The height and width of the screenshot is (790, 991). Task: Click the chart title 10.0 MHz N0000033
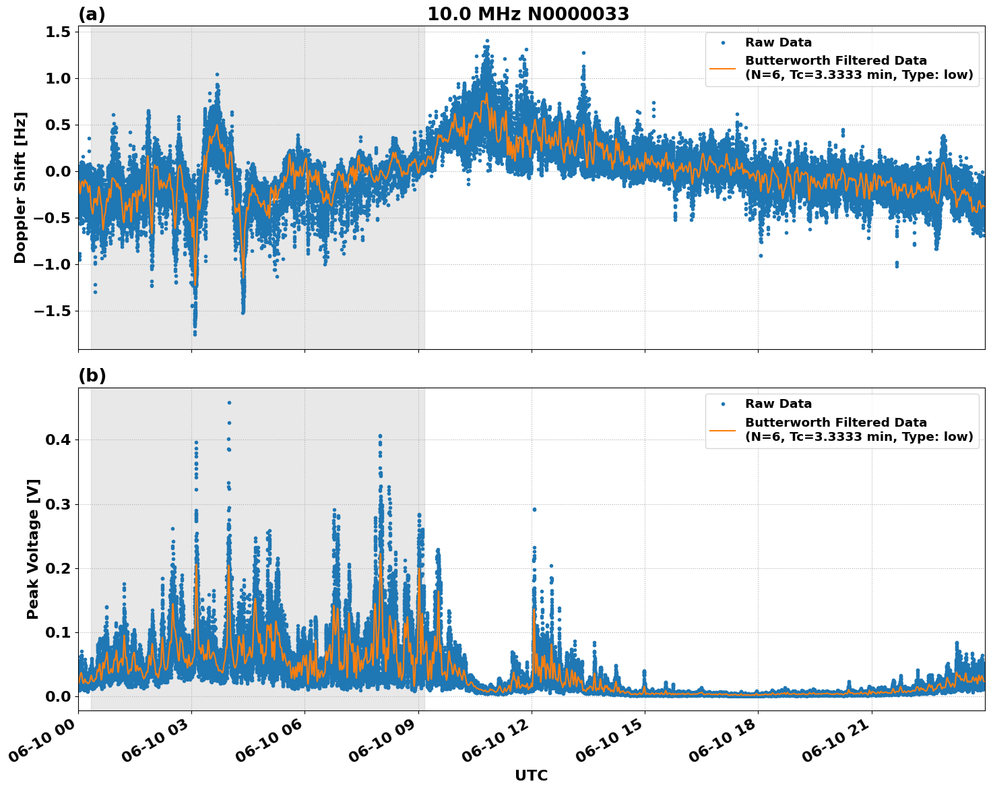528,14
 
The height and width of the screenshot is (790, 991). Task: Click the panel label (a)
92,14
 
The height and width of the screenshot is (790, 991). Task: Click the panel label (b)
92,375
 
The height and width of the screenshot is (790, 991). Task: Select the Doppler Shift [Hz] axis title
20,187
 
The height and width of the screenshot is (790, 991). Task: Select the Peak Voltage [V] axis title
33,549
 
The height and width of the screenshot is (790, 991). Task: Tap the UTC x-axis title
531,775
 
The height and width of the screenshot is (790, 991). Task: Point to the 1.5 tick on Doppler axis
57,32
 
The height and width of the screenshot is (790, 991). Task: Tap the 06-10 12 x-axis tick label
495,741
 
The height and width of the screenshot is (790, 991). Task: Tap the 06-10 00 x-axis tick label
42,741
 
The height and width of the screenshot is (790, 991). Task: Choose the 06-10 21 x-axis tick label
835,741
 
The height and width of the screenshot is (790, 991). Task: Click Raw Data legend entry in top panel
778,42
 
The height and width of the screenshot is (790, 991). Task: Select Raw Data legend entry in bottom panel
778,404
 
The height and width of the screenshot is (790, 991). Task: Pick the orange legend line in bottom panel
723,429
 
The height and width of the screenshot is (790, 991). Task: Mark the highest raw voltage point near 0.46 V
229,403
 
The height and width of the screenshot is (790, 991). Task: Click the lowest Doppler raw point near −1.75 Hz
195,334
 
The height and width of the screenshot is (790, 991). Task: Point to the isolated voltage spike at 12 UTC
534,510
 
